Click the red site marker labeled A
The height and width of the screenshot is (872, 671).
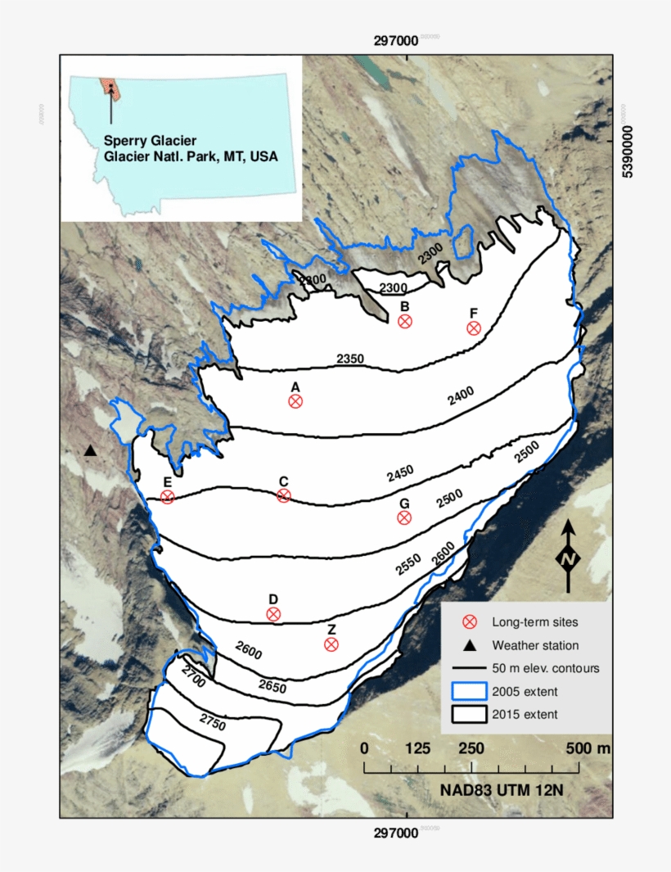(295, 401)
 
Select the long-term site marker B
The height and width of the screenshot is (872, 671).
(404, 321)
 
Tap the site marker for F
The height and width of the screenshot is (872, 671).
(473, 328)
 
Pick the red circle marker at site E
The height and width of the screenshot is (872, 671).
(168, 497)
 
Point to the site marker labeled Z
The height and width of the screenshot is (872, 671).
(331, 644)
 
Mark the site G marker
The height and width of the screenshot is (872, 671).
(403, 517)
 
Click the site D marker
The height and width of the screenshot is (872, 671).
(273, 614)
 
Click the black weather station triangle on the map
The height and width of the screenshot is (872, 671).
(90, 451)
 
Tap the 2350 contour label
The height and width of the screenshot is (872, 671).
(350, 359)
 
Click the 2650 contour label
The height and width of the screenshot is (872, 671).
(272, 686)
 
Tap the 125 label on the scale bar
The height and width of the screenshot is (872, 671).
(418, 748)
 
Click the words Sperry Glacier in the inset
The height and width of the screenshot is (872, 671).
(150, 140)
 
